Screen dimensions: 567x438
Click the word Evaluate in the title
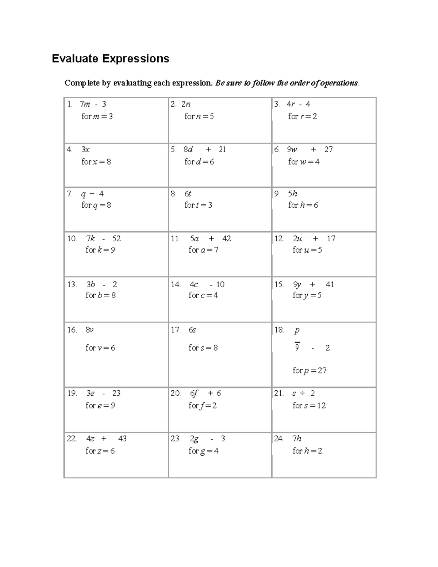click(x=75, y=58)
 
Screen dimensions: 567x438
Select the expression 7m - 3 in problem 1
click(x=93, y=104)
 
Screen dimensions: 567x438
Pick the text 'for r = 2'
click(x=302, y=116)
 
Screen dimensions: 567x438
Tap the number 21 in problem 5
click(x=222, y=149)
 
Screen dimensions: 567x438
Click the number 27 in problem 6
click(x=328, y=149)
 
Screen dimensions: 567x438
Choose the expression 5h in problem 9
click(x=292, y=194)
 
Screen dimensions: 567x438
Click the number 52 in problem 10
click(x=116, y=239)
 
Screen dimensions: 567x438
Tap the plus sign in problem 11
click(x=211, y=239)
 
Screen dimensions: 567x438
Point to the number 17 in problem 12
click(x=331, y=239)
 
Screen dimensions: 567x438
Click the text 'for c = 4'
click(x=203, y=295)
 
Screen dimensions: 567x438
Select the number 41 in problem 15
click(x=330, y=284)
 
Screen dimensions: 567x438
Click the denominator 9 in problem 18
click(x=297, y=348)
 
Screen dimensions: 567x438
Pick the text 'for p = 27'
click(x=310, y=371)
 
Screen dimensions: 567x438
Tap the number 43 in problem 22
click(x=122, y=438)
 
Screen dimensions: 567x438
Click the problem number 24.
click(x=278, y=438)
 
